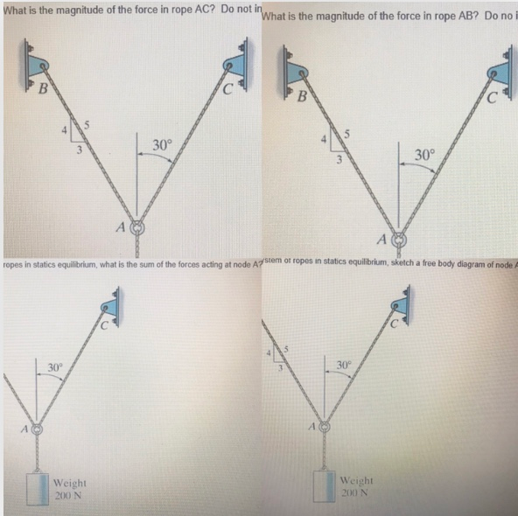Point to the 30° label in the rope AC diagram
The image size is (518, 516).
162,145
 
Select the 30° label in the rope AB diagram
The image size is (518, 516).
423,155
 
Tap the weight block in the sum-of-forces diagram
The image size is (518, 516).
37,489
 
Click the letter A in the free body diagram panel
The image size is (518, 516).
311,426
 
